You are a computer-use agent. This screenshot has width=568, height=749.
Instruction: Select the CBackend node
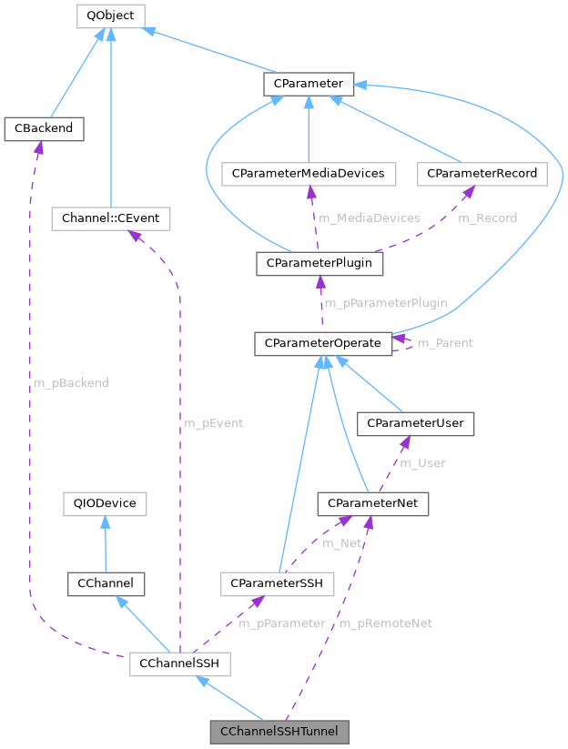(x=44, y=128)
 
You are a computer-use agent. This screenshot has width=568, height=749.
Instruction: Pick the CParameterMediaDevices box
(x=309, y=173)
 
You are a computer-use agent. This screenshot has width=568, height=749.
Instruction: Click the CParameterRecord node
(x=482, y=173)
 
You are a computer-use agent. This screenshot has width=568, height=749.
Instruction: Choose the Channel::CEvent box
(x=110, y=218)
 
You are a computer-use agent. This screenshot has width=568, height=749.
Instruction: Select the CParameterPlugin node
(x=319, y=264)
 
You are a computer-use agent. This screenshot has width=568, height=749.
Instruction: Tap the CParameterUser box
(x=416, y=422)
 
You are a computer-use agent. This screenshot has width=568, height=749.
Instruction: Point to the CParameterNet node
(x=372, y=502)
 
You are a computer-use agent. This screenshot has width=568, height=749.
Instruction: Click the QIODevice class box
(x=105, y=502)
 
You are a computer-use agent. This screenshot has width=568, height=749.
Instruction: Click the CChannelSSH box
(x=179, y=664)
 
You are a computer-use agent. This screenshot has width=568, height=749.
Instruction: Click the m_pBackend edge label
(x=70, y=383)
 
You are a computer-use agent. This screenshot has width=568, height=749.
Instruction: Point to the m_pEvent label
(x=214, y=423)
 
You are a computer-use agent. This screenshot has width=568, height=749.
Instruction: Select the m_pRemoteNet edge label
(x=386, y=623)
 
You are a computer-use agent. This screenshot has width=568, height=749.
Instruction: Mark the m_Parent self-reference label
(x=444, y=343)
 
